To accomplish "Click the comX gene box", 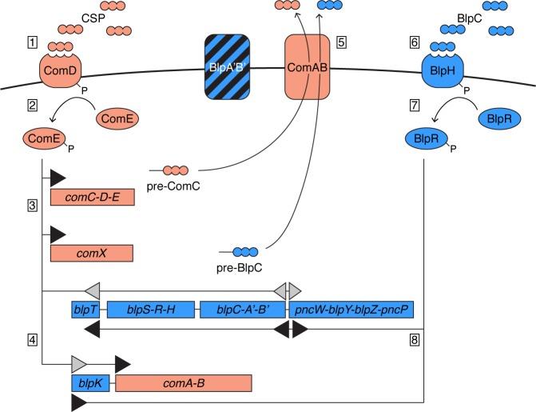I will click(91, 253).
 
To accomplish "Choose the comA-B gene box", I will click(184, 383).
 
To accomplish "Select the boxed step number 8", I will click(414, 340).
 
